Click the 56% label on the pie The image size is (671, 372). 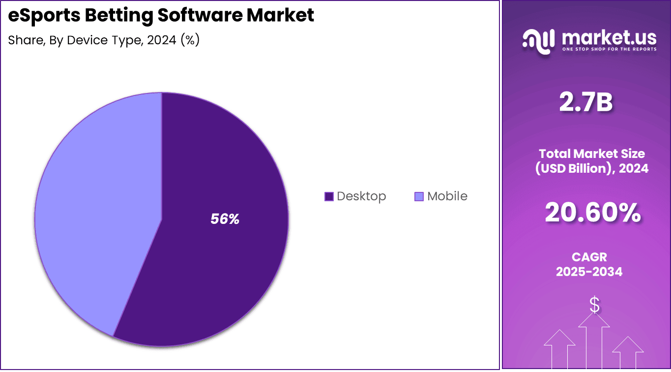tap(225, 219)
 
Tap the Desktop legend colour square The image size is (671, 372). tap(329, 196)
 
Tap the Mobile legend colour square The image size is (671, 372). tap(419, 196)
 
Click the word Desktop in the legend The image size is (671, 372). tap(361, 196)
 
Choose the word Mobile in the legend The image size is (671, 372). tap(447, 196)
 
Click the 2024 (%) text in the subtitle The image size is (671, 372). tap(173, 40)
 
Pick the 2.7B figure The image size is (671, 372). tap(586, 103)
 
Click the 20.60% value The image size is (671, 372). tap(592, 213)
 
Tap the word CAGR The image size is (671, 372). tap(589, 257)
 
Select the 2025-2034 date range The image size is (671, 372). tap(589, 271)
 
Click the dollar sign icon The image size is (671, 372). tap(594, 306)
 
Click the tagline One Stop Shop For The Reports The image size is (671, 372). tap(609, 49)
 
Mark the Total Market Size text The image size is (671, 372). tap(592, 154)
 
